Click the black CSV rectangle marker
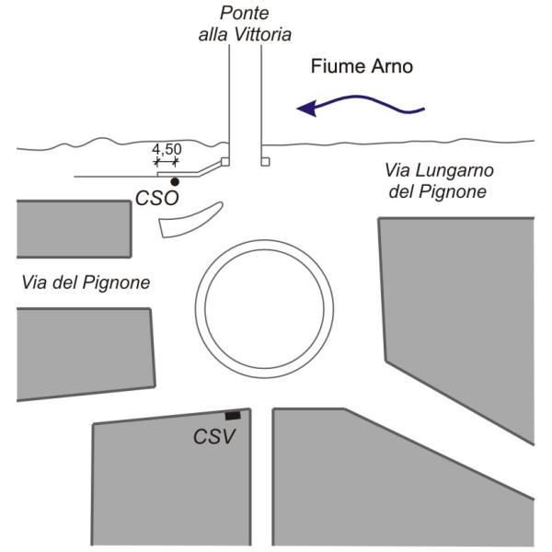(234, 416)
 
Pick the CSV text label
(213, 436)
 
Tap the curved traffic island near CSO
(189, 220)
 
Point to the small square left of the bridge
(225, 162)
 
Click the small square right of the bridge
(265, 162)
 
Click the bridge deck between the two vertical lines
(246, 101)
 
